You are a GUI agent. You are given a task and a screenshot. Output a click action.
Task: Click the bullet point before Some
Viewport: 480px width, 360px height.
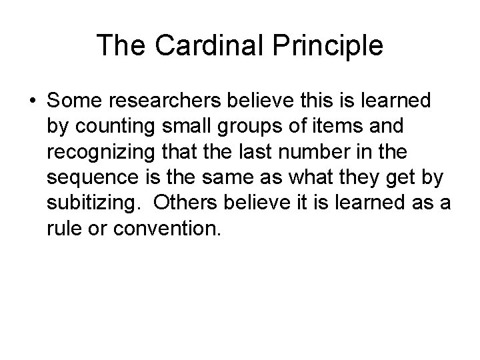32,101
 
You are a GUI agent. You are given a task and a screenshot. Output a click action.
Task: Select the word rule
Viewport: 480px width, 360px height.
61,229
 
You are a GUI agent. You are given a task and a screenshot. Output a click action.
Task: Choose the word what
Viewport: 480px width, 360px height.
297,178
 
